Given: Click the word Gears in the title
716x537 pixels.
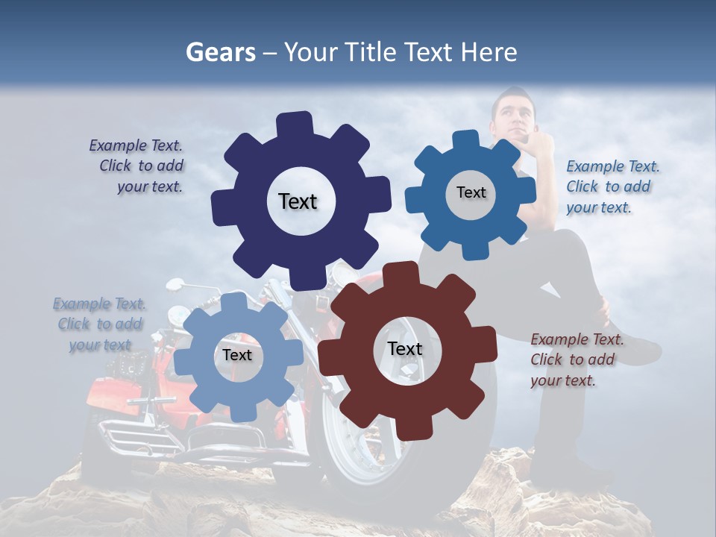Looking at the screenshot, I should [x=221, y=52].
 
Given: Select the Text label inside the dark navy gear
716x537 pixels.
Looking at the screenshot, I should [x=298, y=201].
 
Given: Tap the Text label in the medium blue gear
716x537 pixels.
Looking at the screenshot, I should [x=471, y=192].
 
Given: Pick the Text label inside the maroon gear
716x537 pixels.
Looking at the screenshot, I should [x=405, y=349].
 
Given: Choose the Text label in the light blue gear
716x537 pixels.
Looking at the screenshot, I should [x=237, y=355].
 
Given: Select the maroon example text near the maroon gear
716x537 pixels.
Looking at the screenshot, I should [x=574, y=359].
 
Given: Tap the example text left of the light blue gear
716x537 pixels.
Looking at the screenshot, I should [x=100, y=324].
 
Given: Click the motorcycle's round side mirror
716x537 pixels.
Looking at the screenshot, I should [x=175, y=284].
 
